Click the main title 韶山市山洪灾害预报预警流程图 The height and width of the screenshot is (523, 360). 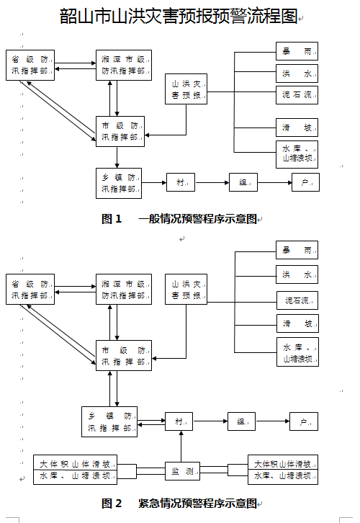tap(179, 16)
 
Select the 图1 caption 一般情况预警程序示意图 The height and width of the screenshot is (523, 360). tap(197, 219)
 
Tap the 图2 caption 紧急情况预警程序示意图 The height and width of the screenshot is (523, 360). tap(197, 503)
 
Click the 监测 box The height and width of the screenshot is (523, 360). tap(182, 471)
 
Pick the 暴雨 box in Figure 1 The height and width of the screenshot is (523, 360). tap(297, 51)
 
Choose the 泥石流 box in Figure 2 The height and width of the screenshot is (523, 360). tap(297, 300)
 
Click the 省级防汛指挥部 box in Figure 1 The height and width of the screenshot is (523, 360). tap(30, 66)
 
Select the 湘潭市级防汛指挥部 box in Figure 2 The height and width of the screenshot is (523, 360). tap(124, 289)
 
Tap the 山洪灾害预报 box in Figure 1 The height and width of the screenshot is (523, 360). tap(186, 89)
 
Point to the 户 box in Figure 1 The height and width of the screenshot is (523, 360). tap(305, 182)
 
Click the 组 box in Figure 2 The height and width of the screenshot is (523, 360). tap(241, 421)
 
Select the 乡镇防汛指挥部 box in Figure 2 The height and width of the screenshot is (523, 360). tap(109, 421)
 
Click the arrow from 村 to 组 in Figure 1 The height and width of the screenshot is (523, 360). tap(212, 182)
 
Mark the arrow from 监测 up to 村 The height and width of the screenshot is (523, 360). tap(181, 447)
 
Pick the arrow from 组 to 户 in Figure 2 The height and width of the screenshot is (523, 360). tap(272, 421)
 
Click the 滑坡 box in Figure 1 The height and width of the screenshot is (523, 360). tap(297, 128)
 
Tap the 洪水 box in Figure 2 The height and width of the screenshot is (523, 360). tap(297, 274)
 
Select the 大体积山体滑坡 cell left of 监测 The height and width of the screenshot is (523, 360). tap(75, 462)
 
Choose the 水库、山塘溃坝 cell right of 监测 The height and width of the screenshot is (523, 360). tap(283, 477)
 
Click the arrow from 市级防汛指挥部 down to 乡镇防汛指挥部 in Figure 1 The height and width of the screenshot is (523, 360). tap(117, 158)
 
